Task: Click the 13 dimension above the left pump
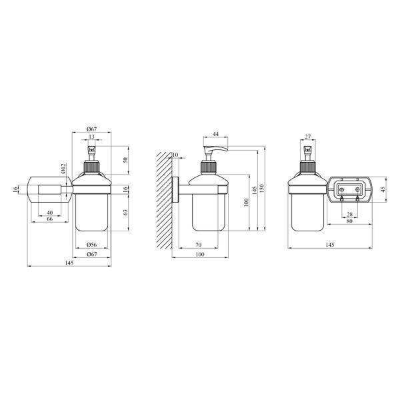tap(91, 137)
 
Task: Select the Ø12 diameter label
tap(63, 169)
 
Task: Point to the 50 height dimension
tap(125, 160)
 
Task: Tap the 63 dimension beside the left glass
tap(125, 212)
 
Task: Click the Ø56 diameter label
tap(91, 245)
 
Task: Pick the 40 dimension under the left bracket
tap(50, 213)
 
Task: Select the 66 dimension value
tap(50, 219)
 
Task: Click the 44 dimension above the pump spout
tap(215, 134)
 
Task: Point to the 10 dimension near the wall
tap(175, 155)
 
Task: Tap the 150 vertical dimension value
tap(262, 188)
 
